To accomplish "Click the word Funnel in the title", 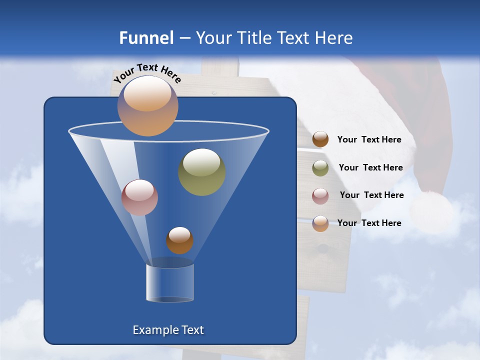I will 146,38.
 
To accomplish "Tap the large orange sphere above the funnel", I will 148,105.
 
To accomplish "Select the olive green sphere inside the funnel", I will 202,172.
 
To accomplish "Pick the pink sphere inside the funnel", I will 139,197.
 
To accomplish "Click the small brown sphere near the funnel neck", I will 179,240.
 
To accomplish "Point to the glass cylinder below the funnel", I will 170,283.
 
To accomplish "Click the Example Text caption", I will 168,330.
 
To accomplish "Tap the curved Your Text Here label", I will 147,72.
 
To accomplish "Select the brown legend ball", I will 320,139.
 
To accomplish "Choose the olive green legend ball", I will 320,167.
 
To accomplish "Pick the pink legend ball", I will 320,195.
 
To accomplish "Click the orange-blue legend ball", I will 320,223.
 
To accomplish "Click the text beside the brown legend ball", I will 369,140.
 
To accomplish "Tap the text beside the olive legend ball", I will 370,168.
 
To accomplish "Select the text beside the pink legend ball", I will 371,195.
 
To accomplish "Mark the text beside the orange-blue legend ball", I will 369,223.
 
